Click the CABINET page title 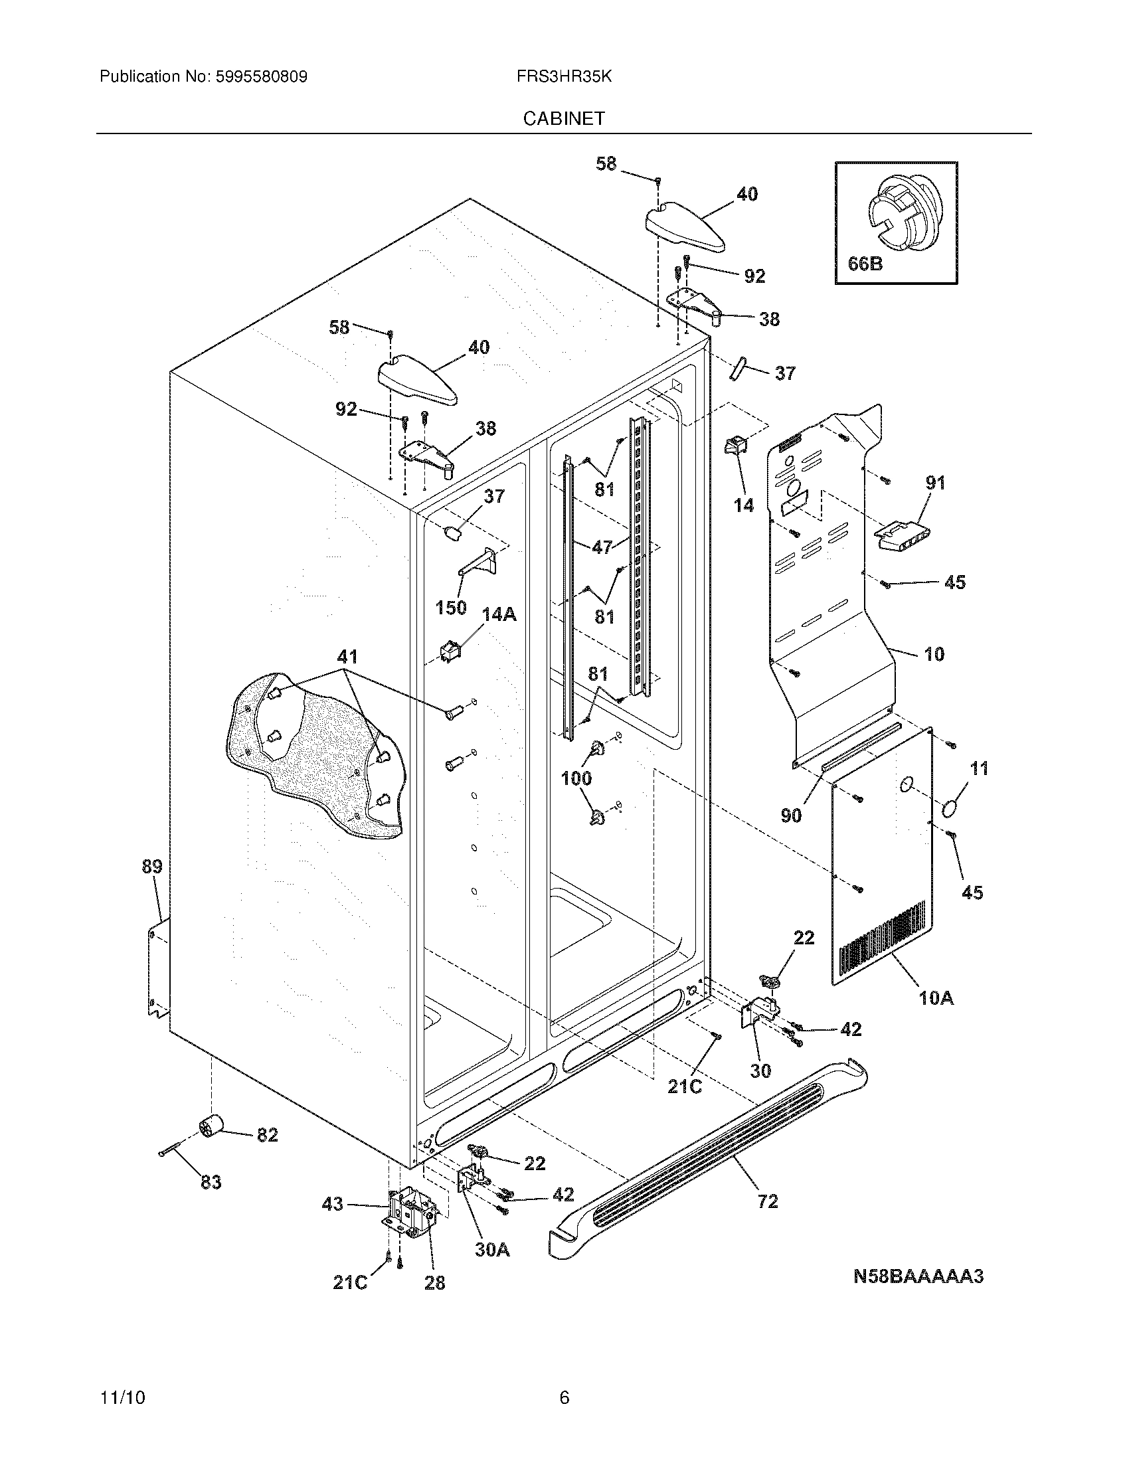564,118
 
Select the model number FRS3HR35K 564,77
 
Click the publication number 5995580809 261,77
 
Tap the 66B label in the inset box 865,264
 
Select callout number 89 152,866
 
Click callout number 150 450,608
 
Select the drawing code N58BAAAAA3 918,1276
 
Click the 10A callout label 936,1017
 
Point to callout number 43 333,1203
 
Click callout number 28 435,1282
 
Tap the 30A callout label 492,1249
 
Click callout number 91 935,482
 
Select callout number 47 602,547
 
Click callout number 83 211,1183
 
